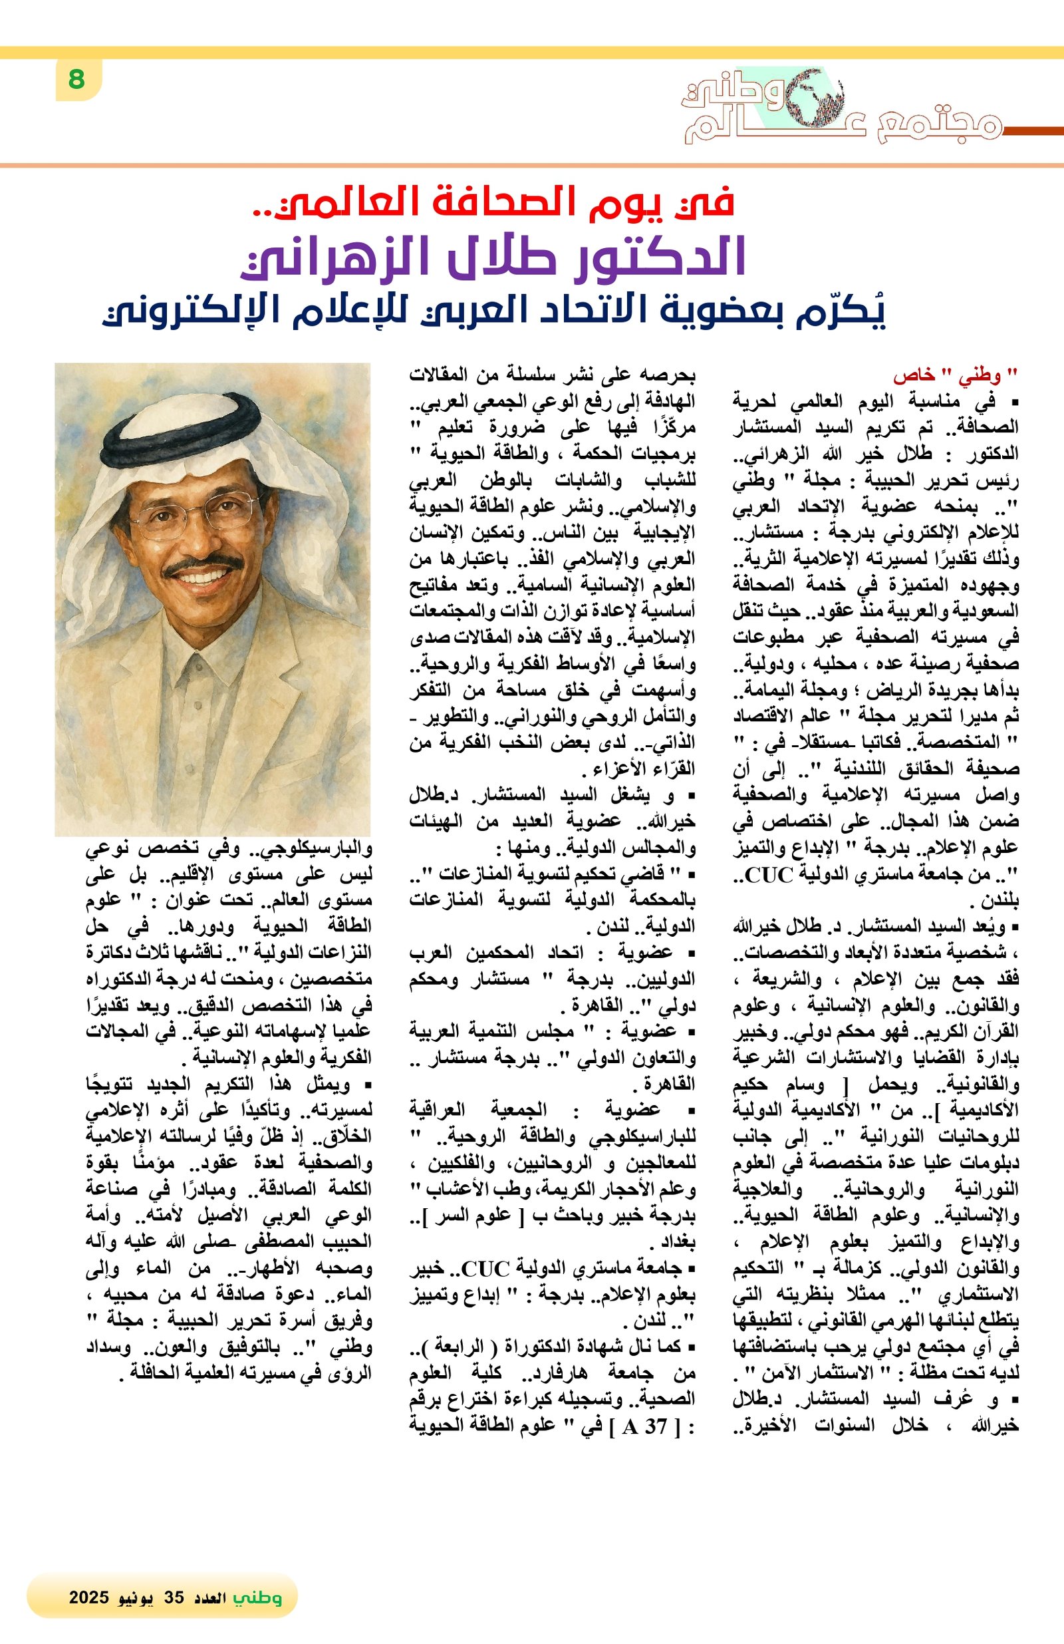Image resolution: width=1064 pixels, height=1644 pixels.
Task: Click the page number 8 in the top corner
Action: (x=76, y=79)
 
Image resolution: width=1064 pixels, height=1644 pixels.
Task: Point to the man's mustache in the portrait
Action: (x=202, y=564)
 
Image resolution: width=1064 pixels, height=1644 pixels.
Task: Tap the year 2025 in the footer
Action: (x=89, y=1597)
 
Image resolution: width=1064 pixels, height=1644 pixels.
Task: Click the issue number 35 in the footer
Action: (x=174, y=1597)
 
